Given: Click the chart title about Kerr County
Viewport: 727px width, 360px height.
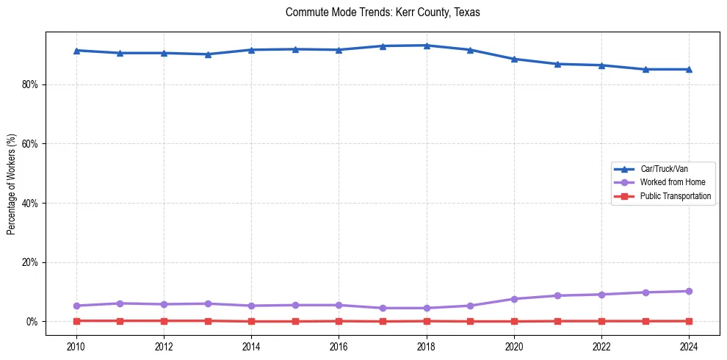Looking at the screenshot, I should click(383, 12).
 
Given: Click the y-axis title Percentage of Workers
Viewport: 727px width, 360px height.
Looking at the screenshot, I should click(11, 184).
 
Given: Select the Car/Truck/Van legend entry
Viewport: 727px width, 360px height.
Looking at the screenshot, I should click(663, 168).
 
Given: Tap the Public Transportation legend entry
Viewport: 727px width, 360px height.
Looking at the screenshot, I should click(675, 196).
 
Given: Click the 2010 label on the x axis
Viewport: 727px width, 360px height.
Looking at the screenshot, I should click(76, 346).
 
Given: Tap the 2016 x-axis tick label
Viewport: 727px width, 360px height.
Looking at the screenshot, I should click(339, 346).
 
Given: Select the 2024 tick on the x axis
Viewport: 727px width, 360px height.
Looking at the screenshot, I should click(689, 346).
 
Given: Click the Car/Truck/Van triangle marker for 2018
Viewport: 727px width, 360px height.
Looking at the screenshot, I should click(427, 46).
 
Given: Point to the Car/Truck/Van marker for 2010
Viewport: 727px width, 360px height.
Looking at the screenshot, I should click(76, 50).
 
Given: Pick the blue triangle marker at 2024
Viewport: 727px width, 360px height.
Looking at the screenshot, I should click(689, 69).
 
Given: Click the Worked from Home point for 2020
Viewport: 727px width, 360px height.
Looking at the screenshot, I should click(514, 299).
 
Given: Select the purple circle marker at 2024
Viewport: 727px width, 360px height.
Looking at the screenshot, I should click(689, 291).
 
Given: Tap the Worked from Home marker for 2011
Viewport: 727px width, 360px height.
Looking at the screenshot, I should click(120, 303).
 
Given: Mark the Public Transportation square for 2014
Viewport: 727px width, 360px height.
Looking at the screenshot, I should click(251, 321).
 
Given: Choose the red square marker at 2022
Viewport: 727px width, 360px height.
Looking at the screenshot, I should click(601, 321).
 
